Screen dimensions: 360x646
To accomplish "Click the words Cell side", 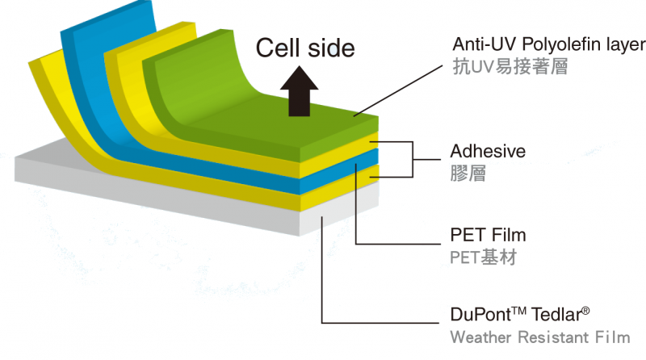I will click(305, 48).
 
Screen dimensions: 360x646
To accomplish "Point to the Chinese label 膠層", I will click(468, 174).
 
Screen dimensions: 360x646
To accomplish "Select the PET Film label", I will click(488, 236).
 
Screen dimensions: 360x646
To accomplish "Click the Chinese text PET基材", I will click(483, 258).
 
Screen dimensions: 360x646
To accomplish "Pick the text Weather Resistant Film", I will click(539, 337).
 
